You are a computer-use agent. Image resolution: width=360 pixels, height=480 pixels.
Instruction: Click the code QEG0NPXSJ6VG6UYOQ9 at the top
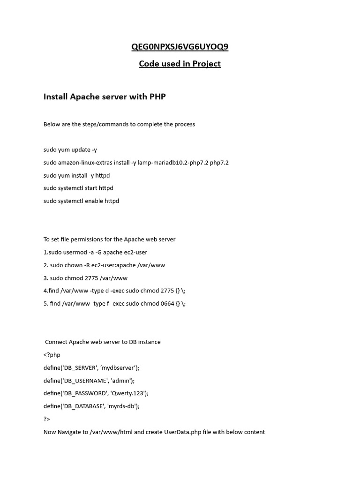click(180, 47)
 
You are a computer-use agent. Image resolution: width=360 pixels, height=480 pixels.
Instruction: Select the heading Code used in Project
click(180, 64)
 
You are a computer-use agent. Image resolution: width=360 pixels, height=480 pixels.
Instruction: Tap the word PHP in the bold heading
click(157, 97)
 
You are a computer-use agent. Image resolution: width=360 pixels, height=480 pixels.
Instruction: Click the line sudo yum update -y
click(70, 150)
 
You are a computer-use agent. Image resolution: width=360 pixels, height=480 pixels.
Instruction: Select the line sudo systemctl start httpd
click(78, 188)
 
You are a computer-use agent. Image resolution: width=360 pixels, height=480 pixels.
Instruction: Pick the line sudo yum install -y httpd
click(76, 175)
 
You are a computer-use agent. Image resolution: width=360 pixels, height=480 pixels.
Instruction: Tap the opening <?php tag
click(52, 355)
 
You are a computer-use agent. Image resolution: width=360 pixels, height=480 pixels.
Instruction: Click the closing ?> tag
click(47, 419)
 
